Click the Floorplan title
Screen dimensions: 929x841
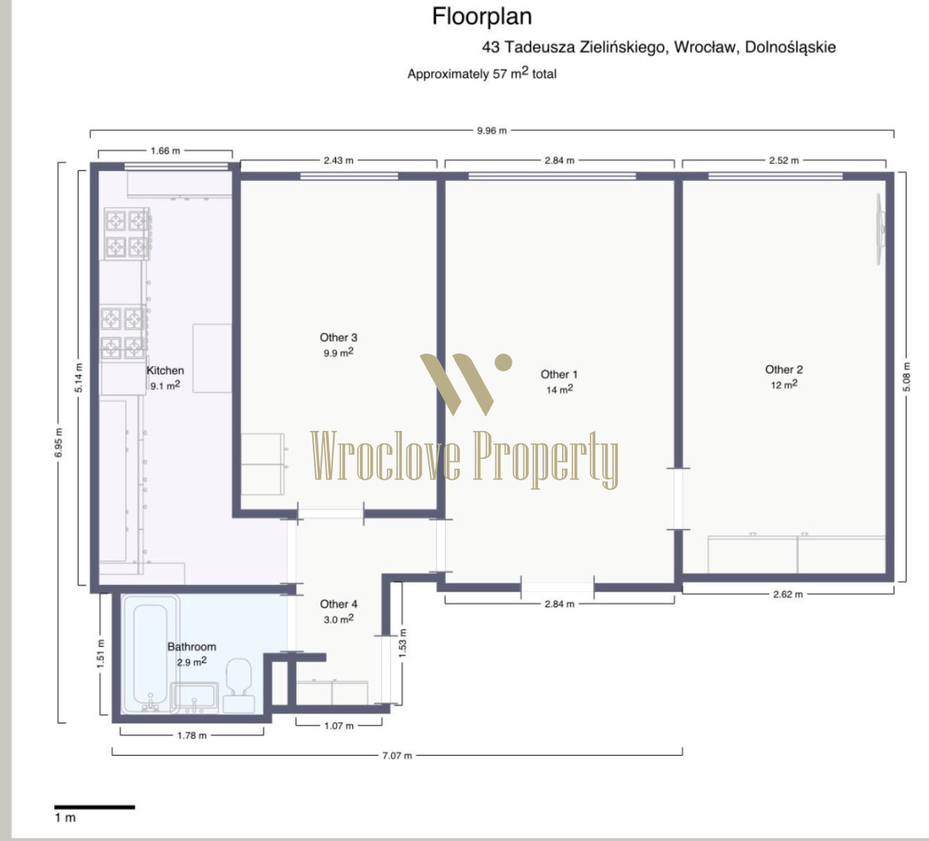point(482,17)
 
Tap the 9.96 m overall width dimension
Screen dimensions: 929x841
point(492,131)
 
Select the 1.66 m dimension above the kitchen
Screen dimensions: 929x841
point(166,151)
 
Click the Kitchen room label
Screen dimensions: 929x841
point(166,371)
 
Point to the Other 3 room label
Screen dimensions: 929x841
point(338,337)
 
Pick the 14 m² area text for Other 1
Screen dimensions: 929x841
point(560,389)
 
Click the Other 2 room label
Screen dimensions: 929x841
point(783,369)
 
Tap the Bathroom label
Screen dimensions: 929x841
point(192,647)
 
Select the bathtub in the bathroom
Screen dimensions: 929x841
point(150,654)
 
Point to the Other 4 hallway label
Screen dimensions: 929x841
point(338,604)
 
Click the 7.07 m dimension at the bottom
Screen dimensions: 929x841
point(397,756)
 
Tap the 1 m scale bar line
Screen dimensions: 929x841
point(94,807)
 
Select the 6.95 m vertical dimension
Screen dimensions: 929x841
point(59,443)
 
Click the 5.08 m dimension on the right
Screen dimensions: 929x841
point(907,377)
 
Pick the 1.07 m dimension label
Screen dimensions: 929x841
point(339,726)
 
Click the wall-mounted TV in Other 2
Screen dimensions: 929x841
point(880,230)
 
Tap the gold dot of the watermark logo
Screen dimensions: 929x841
point(503,362)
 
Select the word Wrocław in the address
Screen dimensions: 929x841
point(704,47)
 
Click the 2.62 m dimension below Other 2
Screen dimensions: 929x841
point(788,594)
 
